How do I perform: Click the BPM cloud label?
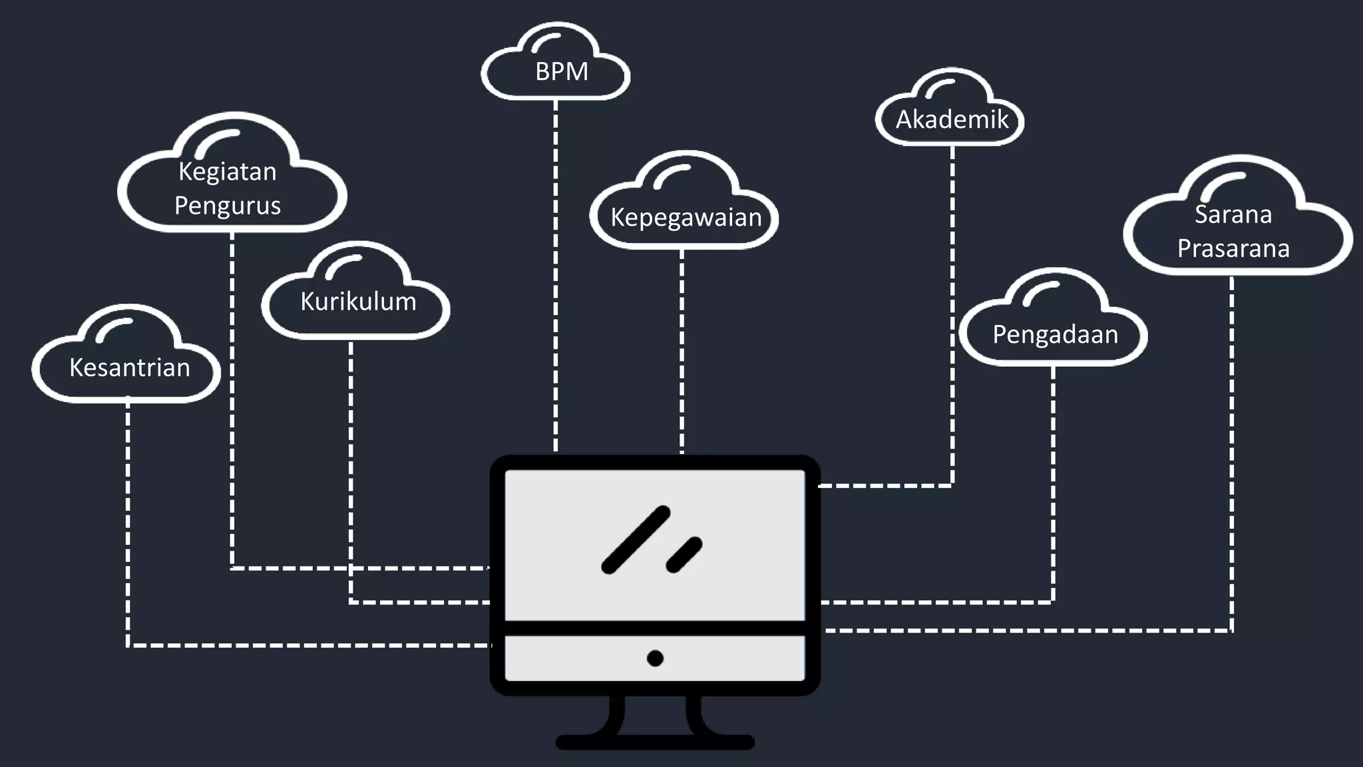pyautogui.click(x=562, y=72)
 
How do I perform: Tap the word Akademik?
pyautogui.click(x=952, y=120)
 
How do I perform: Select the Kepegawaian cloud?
pyautogui.click(x=685, y=218)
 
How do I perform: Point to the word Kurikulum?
pyautogui.click(x=358, y=302)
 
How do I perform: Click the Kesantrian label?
pyautogui.click(x=130, y=368)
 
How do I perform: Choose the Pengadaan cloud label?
pyautogui.click(x=1055, y=334)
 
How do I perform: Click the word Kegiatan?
pyautogui.click(x=228, y=172)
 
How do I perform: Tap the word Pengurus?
pyautogui.click(x=228, y=205)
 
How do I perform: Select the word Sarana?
pyautogui.click(x=1233, y=214)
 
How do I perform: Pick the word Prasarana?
pyautogui.click(x=1233, y=248)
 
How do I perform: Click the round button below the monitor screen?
pyautogui.click(x=655, y=658)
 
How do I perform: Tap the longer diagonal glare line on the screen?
pyautogui.click(x=636, y=539)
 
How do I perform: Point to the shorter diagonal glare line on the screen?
pyautogui.click(x=684, y=555)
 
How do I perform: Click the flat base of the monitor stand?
pyautogui.click(x=655, y=742)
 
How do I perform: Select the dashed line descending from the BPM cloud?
pyautogui.click(x=556, y=280)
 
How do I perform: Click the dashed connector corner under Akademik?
pyautogui.click(x=952, y=485)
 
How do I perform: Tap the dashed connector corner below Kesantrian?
pyautogui.click(x=128, y=644)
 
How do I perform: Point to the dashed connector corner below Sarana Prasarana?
pyautogui.click(x=1232, y=630)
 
